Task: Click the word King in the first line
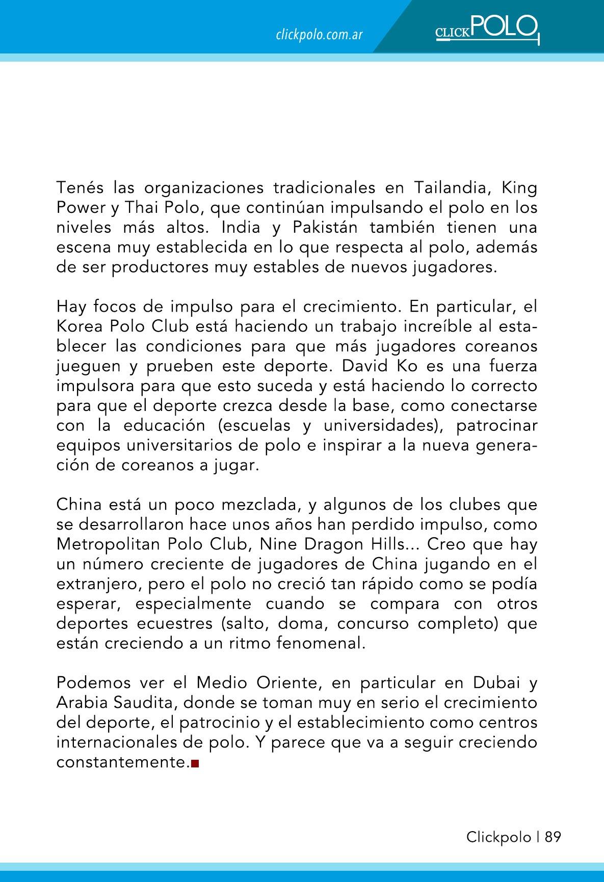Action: pos(520,188)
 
